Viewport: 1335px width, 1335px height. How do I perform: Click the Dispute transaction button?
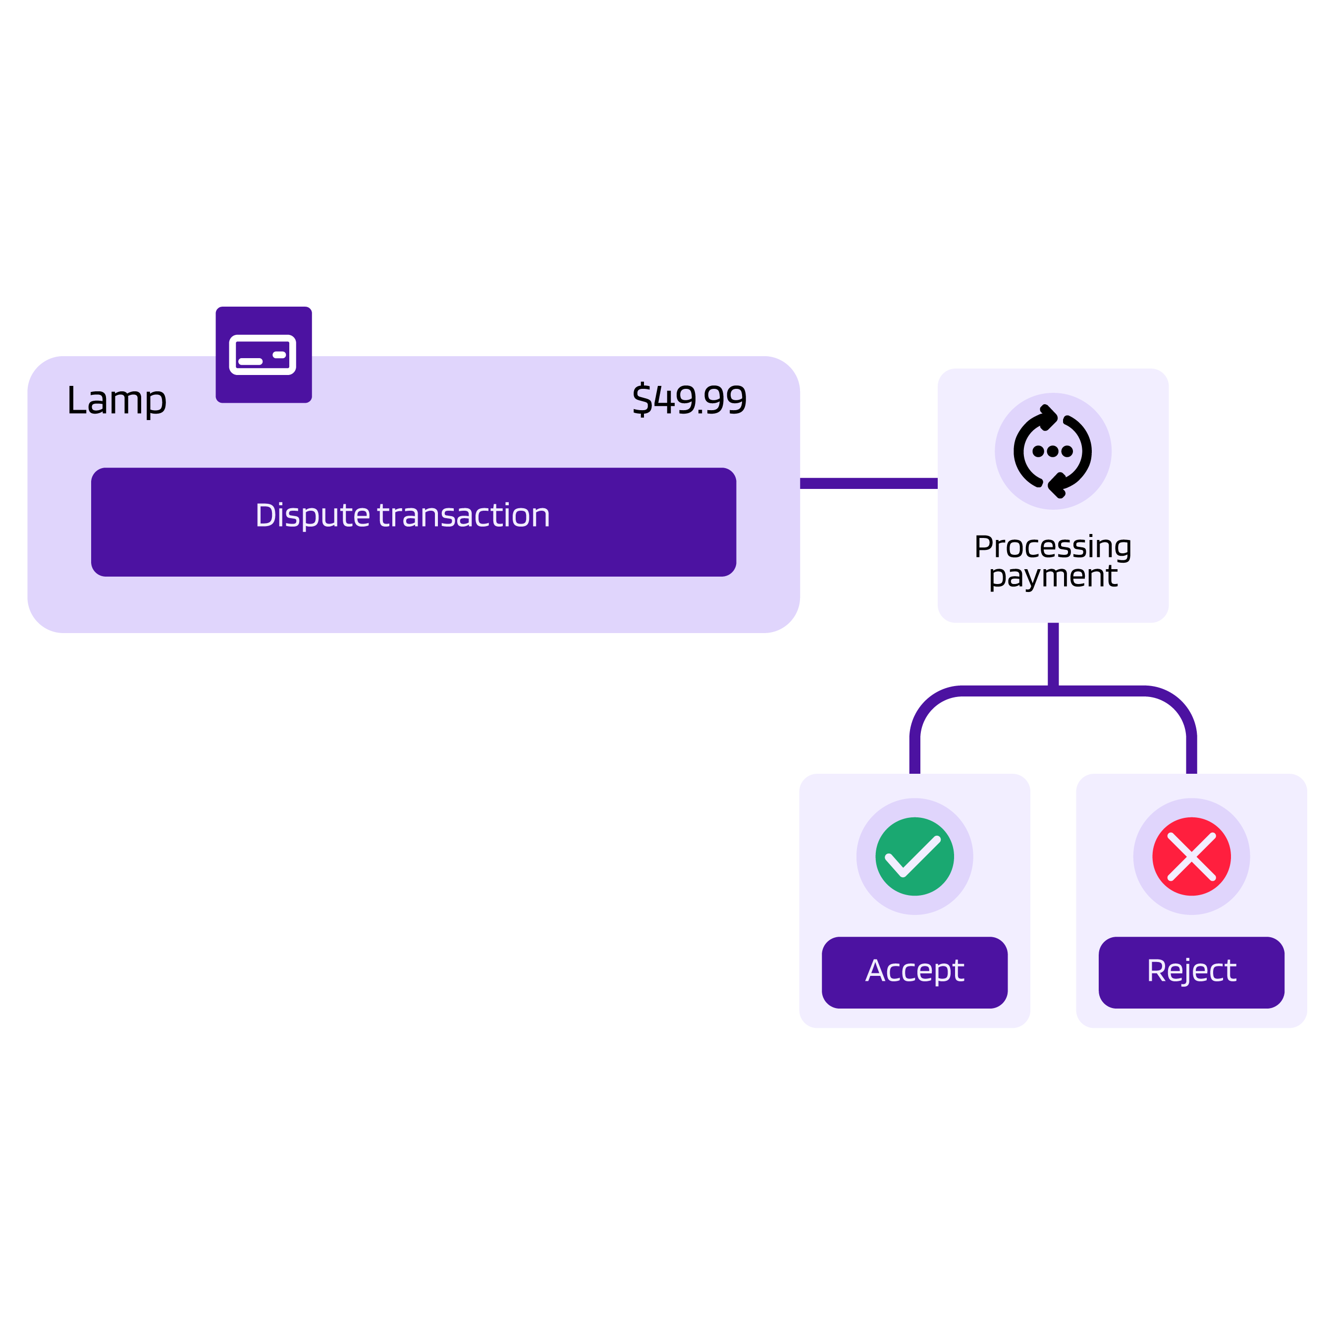point(413,522)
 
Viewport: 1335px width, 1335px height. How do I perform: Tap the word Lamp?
point(116,400)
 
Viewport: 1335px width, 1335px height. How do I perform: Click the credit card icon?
point(263,355)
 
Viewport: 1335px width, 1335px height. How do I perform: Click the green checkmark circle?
point(914,856)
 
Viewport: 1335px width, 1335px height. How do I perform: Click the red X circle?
point(1191,856)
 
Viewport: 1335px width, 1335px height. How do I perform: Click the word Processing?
point(1052,546)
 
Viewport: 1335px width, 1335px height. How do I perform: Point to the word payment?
point(1052,576)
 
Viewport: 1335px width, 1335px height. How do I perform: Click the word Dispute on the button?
point(313,516)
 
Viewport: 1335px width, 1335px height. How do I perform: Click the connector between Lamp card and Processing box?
point(868,483)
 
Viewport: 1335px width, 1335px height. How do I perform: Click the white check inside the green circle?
point(913,857)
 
